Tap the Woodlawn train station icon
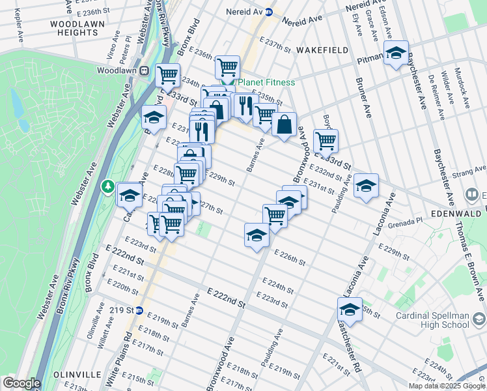click(143, 70)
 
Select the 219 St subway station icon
click(138, 310)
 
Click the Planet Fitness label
click(265, 82)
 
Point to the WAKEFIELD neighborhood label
click(322, 50)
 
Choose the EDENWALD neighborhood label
click(455, 214)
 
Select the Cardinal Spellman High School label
click(432, 320)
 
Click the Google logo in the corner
click(21, 383)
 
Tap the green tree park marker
click(107, 187)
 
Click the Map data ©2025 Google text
click(447, 386)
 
